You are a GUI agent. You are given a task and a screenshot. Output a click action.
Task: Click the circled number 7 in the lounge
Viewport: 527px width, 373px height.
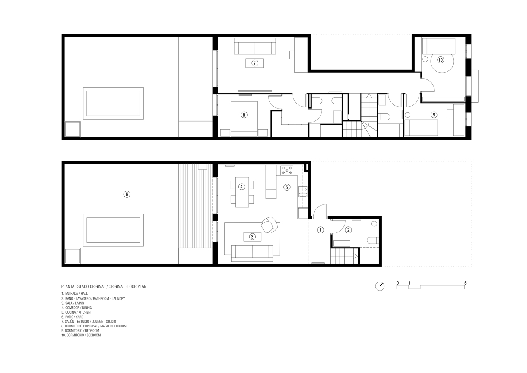pos(254,63)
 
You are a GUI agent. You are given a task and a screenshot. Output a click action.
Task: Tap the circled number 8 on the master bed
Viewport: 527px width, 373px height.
pos(244,115)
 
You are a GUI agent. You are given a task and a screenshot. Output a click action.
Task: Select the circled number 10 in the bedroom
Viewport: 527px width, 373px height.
pos(441,60)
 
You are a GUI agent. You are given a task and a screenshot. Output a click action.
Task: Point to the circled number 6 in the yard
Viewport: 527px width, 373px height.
pos(127,194)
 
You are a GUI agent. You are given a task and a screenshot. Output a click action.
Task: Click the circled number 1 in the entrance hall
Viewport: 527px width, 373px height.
pos(320,230)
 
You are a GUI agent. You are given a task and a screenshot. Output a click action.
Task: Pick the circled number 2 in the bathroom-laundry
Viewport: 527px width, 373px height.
pos(348,230)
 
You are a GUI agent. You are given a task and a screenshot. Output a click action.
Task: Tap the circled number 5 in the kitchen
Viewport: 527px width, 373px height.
pos(286,187)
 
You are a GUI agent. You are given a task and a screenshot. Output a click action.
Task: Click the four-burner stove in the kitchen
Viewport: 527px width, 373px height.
pos(287,170)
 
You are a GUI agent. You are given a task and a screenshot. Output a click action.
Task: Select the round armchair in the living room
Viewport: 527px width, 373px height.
pos(269,225)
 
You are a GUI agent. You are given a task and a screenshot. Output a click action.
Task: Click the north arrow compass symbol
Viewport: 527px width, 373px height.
pos(380,286)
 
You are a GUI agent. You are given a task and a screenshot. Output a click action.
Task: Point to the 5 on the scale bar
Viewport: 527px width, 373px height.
pos(465,283)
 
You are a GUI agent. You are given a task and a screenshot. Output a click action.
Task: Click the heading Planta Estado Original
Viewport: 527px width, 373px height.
pos(83,286)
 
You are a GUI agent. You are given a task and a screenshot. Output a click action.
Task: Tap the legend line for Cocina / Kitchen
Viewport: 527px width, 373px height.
pos(76,312)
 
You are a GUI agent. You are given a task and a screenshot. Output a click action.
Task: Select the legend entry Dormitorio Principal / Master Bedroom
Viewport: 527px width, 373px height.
pos(94,326)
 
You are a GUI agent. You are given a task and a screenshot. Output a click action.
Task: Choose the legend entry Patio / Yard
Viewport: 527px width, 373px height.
pos(73,317)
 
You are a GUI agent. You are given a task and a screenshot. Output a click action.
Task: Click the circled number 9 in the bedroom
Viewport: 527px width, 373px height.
pos(434,115)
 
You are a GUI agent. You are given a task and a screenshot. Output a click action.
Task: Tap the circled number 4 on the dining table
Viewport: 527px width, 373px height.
pos(241,187)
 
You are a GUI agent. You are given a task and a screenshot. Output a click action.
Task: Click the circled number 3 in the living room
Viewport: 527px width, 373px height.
pos(252,237)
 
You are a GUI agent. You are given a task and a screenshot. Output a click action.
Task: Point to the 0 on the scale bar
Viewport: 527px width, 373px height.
pos(398,283)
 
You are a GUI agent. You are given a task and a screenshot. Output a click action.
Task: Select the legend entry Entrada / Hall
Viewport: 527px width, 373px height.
pos(74,294)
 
